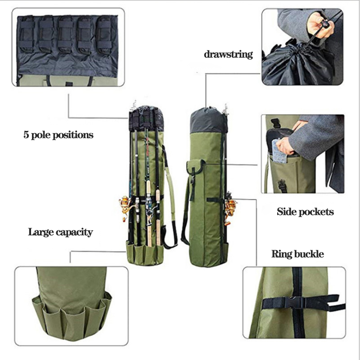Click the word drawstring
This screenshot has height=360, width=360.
click(228, 54)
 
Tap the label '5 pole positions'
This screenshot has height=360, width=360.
click(58, 135)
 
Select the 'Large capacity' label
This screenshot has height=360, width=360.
click(60, 232)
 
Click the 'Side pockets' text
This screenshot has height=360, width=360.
click(306, 211)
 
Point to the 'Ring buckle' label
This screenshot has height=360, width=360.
click(297, 254)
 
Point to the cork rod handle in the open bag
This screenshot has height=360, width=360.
click(148, 229)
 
